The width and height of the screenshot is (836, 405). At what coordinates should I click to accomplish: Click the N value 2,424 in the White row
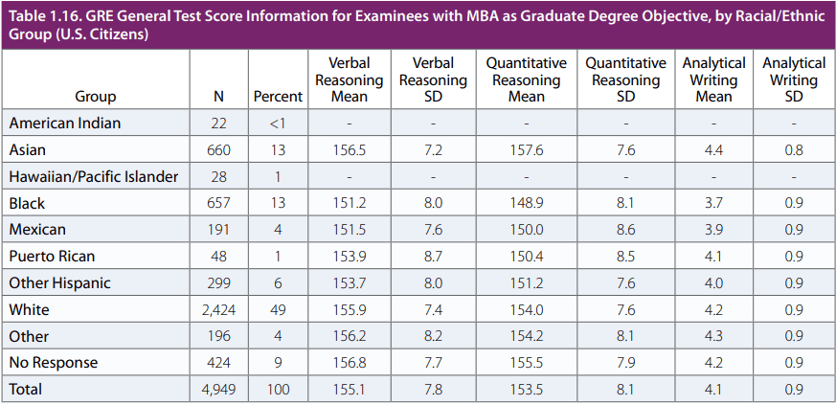click(x=219, y=310)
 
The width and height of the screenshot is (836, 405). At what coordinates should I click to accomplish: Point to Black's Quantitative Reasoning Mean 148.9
click(x=526, y=204)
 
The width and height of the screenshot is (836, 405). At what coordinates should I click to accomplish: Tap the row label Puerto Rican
click(x=52, y=257)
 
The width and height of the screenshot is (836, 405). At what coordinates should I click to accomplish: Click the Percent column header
click(x=278, y=97)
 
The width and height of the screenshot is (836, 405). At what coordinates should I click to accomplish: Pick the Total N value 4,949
click(x=219, y=390)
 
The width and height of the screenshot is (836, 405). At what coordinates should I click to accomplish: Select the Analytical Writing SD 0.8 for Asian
click(x=793, y=150)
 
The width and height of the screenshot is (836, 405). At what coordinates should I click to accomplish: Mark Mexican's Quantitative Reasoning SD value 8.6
click(x=625, y=231)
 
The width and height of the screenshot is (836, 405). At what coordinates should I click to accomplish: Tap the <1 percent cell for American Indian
click(x=278, y=124)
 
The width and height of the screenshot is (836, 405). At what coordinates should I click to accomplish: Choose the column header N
click(x=219, y=97)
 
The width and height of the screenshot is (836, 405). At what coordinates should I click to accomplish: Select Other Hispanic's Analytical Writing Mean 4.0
click(x=713, y=283)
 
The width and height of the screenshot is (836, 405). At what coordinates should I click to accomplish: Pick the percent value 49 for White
click(x=278, y=310)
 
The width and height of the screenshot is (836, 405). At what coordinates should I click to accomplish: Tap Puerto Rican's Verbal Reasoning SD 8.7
click(x=433, y=257)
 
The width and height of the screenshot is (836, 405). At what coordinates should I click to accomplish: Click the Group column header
click(x=95, y=97)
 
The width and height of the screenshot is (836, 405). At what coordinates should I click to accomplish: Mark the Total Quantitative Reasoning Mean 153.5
click(x=526, y=390)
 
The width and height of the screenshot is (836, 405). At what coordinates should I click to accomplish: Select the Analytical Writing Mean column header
click(x=713, y=79)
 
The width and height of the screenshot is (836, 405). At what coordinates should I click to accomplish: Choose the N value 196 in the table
click(x=219, y=337)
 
